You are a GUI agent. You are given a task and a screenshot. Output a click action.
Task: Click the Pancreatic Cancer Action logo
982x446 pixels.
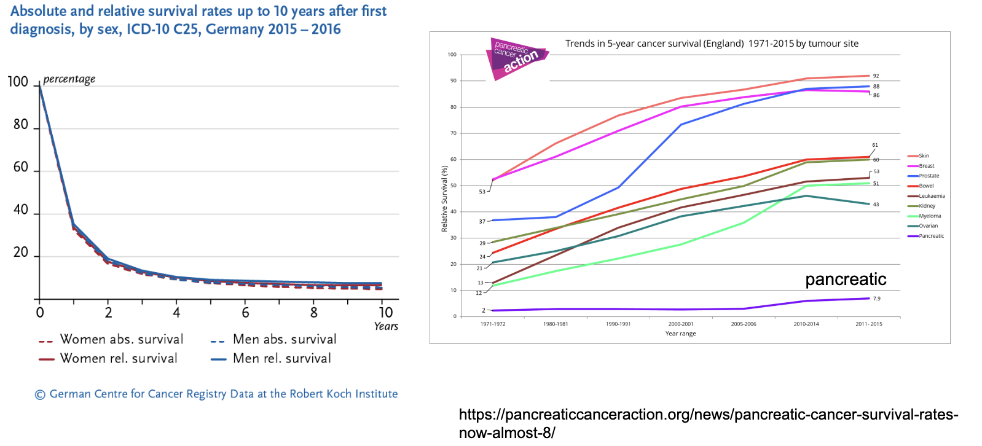click(516, 58)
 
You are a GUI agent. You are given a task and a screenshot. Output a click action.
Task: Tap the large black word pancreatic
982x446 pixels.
click(846, 280)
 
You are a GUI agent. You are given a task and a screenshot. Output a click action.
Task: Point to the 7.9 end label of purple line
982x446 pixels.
click(876, 299)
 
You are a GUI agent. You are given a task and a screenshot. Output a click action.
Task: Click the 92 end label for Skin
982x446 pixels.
click(876, 76)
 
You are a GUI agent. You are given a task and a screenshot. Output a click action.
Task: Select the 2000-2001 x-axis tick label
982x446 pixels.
click(680, 324)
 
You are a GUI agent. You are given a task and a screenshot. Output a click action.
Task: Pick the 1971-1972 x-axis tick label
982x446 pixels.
click(493, 324)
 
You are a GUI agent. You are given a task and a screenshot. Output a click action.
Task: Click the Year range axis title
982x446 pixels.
click(680, 334)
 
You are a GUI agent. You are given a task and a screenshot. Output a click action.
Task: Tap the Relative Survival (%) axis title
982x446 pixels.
click(444, 198)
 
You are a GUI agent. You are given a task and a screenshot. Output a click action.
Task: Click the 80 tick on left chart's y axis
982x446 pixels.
click(21, 125)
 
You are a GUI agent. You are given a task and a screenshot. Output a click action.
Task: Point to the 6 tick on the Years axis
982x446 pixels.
click(245, 313)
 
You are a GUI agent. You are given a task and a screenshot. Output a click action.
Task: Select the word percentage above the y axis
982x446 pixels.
click(69, 79)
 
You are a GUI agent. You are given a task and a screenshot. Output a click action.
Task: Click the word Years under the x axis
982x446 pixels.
click(386, 326)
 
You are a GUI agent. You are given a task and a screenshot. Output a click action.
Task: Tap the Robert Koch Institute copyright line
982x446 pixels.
click(216, 394)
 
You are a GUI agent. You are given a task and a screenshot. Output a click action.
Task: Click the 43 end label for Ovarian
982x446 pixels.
click(876, 205)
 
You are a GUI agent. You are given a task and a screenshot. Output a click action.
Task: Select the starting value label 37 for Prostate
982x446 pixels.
click(482, 222)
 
